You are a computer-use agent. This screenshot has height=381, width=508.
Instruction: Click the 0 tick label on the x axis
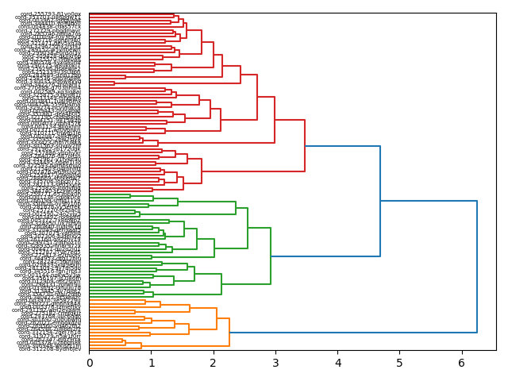(x=90, y=363)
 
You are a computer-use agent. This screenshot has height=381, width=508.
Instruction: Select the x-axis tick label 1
(x=152, y=363)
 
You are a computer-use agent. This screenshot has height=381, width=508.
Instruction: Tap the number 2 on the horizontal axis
(x=214, y=363)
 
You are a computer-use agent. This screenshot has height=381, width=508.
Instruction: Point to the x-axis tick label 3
(x=275, y=363)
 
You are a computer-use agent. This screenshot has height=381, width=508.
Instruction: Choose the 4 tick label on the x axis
(x=337, y=363)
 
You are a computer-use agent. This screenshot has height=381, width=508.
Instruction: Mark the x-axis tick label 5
(x=399, y=363)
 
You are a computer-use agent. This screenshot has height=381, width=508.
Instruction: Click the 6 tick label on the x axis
(x=461, y=363)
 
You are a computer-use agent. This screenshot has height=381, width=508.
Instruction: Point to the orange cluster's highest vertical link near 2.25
(x=229, y=332)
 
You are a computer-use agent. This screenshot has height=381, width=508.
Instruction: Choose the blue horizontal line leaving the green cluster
(x=325, y=256)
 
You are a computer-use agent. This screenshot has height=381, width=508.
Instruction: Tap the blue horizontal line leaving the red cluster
(x=342, y=146)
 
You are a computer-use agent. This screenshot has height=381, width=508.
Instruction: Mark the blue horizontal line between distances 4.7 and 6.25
(x=429, y=202)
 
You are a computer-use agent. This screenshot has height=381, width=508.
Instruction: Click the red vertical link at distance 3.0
(x=275, y=120)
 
